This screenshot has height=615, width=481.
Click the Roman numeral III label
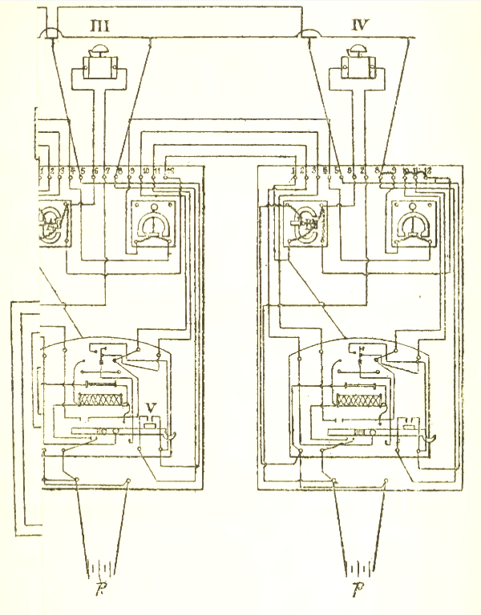click(x=100, y=28)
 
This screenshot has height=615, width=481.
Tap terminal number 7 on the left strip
click(x=107, y=171)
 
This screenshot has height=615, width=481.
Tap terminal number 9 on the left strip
click(x=132, y=171)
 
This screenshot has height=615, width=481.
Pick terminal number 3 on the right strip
click(x=313, y=171)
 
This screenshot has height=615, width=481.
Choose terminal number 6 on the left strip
click(x=95, y=171)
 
